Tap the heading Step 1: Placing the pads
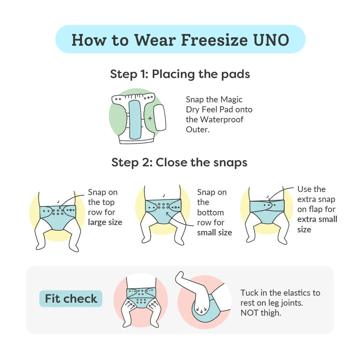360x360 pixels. (180, 74)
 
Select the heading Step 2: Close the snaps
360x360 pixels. (179, 162)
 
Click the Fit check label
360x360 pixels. (71, 298)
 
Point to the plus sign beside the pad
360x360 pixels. (150, 118)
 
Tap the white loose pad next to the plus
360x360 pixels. (159, 117)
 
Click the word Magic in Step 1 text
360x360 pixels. (231, 99)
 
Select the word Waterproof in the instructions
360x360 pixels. (221, 119)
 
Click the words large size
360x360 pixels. (105, 222)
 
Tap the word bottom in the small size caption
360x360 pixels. (210, 212)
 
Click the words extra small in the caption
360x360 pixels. (317, 219)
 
